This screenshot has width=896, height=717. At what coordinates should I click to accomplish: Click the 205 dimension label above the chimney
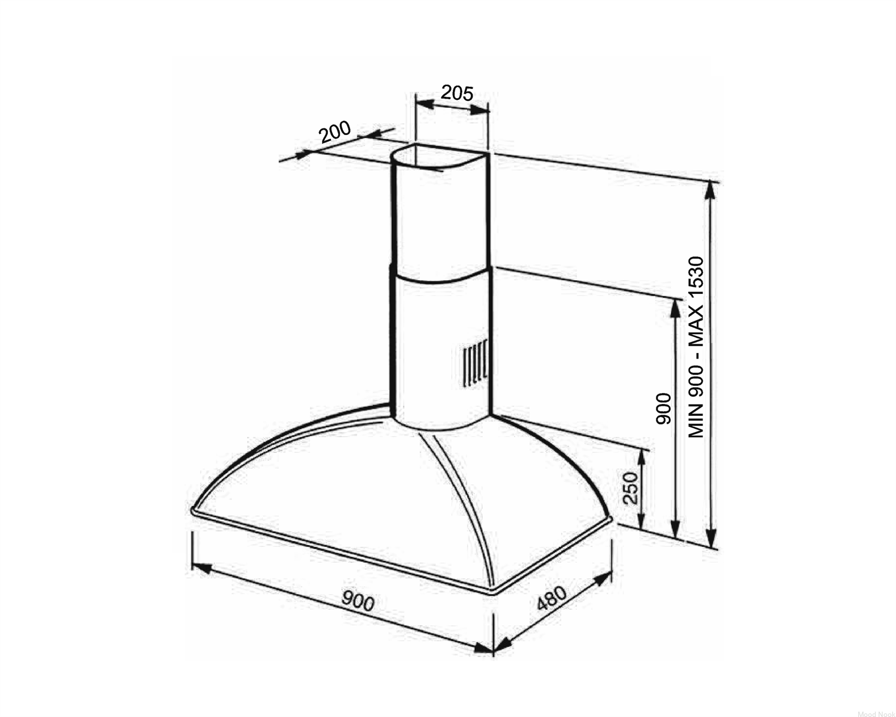pos(457,93)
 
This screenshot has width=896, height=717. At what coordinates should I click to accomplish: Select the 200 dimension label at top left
pos(335,131)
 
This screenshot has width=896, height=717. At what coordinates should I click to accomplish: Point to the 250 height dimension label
pos(631,488)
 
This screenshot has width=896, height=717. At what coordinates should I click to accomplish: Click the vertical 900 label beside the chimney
pos(664,408)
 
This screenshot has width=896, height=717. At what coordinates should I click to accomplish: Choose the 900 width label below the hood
pos(358,601)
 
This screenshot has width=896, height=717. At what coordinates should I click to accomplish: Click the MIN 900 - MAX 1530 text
pos(696,347)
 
